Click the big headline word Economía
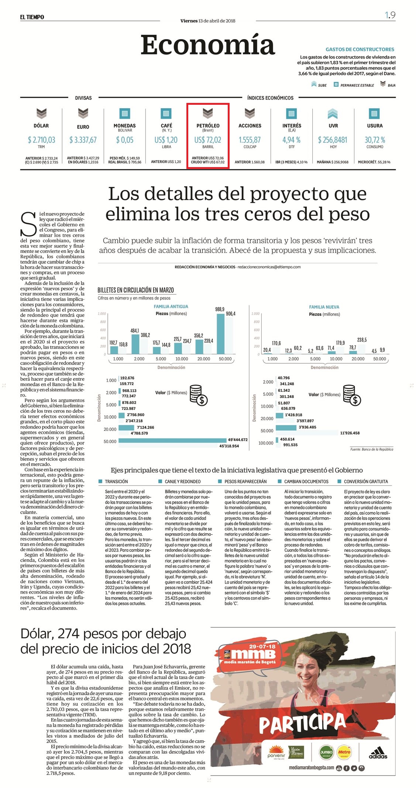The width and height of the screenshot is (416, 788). tap(208, 45)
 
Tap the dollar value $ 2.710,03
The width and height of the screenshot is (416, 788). tap(41, 140)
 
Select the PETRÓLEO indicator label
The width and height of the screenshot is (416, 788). tap(208, 126)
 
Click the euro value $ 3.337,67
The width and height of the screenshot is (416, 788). tap(83, 140)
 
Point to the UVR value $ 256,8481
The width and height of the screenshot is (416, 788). tap(333, 140)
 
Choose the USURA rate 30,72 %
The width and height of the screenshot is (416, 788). tap(375, 140)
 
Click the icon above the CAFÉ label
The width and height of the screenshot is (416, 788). tap(166, 113)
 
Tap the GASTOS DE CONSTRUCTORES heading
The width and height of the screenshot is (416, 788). tap(360, 49)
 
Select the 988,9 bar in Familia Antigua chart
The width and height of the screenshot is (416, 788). tap(221, 334)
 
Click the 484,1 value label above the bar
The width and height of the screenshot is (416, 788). tap(135, 331)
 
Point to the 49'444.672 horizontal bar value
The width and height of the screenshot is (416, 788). tap(238, 440)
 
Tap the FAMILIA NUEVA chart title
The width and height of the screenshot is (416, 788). tap(324, 307)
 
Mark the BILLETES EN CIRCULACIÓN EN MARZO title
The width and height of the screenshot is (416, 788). tap(135, 290)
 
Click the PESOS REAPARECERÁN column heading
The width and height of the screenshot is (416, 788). tap(245, 481)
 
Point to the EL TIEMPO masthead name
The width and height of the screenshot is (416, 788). tap(32, 17)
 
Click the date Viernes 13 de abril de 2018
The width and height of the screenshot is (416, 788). tap(208, 21)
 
